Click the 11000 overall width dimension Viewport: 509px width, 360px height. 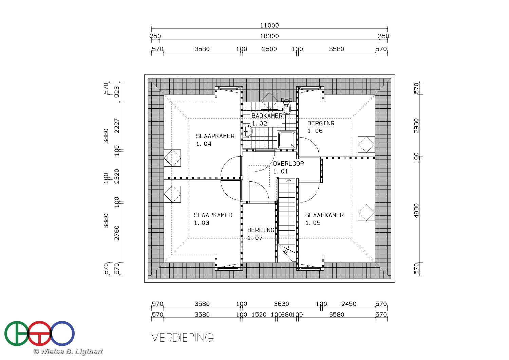click(x=269, y=25)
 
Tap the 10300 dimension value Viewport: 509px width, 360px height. click(x=269, y=36)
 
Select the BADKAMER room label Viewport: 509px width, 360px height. click(x=267, y=115)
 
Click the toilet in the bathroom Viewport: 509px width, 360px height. click(x=287, y=108)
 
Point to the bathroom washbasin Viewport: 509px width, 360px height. click(x=247, y=131)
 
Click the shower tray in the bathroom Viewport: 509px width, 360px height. click(x=286, y=140)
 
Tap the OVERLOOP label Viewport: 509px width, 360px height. click(x=288, y=163)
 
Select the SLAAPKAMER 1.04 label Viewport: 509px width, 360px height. click(x=215, y=140)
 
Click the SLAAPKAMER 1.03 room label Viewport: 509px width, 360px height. click(x=213, y=219)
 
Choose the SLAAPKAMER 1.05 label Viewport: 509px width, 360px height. click(x=324, y=219)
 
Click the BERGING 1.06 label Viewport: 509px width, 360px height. click(x=321, y=127)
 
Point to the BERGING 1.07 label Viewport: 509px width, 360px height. click(x=261, y=234)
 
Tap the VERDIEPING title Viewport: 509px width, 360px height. click(x=183, y=338)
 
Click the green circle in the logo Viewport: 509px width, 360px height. click(x=17, y=334)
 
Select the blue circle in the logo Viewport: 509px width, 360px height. click(x=62, y=334)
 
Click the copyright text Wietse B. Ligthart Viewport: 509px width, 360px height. click(x=68, y=352)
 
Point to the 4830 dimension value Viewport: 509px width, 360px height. click(x=416, y=211)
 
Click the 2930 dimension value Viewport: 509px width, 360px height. click(x=416, y=126)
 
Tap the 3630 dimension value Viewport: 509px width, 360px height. click(x=282, y=304)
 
